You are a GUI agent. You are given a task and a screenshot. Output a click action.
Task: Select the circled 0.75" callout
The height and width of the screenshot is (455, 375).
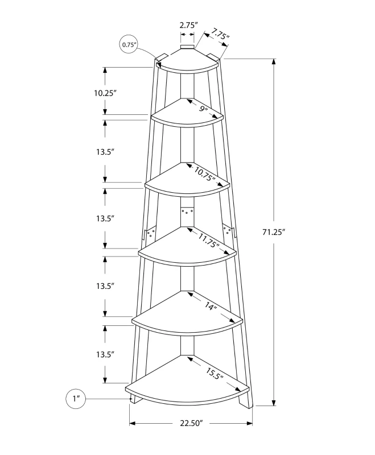tap(128, 44)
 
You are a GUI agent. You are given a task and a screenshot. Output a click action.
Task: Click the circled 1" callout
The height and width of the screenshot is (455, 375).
tap(76, 399)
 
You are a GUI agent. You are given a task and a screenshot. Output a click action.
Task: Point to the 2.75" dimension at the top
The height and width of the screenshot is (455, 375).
tap(188, 25)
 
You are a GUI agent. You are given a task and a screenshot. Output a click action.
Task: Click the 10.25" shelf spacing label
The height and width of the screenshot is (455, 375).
tap(105, 93)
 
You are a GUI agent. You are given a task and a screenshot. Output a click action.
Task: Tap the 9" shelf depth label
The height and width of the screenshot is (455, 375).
tap(203, 108)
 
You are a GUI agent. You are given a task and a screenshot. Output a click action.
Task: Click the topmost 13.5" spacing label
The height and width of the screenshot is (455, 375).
tap(105, 152)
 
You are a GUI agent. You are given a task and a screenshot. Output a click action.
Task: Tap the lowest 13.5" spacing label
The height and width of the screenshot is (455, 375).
tap(105, 354)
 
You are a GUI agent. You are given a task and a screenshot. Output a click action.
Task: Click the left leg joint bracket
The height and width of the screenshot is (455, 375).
tap(150, 235)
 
